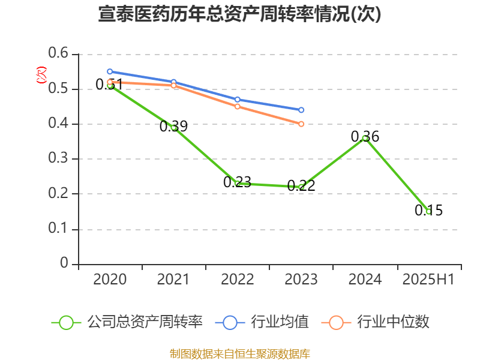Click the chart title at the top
(239, 14)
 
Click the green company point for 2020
(110, 86)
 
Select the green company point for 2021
(174, 127)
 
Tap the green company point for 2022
(238, 183)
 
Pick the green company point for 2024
(365, 138)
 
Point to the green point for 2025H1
(428, 211)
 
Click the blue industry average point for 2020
(110, 71)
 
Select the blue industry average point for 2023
(301, 110)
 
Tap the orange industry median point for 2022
(238, 106)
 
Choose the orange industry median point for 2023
(301, 124)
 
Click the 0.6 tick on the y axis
(60, 54)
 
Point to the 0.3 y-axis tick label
(60, 159)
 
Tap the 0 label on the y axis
(65, 264)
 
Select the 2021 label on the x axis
(173, 280)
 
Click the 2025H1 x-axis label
(428, 280)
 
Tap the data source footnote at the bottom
(239, 353)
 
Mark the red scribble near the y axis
(41, 75)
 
